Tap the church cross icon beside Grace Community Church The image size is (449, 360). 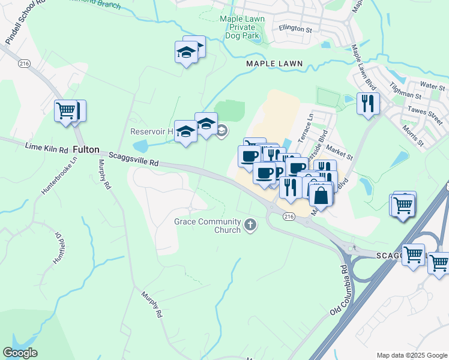click(x=250, y=226)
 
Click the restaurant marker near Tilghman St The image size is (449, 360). click(x=367, y=103)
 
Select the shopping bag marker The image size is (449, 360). click(x=321, y=196)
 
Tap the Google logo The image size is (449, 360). click(x=20, y=353)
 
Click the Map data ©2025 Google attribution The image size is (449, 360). click(x=411, y=355)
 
